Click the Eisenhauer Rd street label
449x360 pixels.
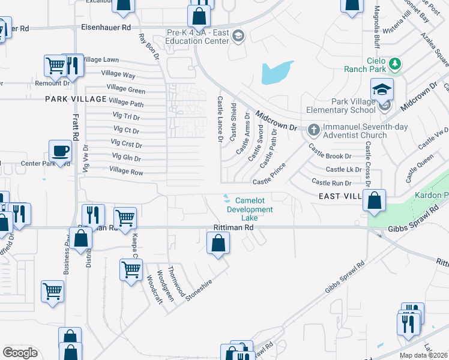(x=106, y=28)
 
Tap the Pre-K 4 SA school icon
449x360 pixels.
(x=238, y=37)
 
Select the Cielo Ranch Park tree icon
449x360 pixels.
(x=394, y=63)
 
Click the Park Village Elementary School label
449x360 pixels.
(x=342, y=106)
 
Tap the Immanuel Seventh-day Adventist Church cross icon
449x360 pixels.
(x=314, y=128)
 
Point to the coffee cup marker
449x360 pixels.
(x=61, y=151)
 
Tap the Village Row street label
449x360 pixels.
(x=126, y=172)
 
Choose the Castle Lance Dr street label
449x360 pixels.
(x=220, y=118)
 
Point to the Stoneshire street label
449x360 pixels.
(x=199, y=285)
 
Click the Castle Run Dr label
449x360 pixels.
(x=331, y=182)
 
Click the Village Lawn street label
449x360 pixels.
(x=101, y=60)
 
